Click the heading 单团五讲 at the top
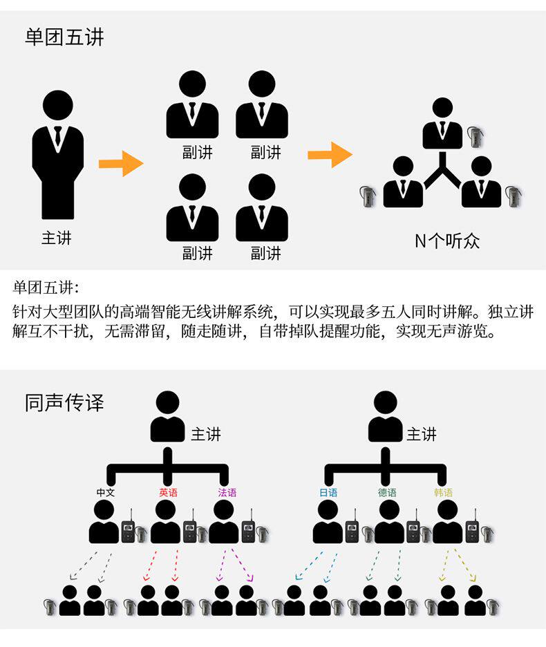[x=64, y=37]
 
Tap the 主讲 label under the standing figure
[x=56, y=238]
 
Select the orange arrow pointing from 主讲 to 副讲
[x=120, y=164]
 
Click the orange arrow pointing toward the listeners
[x=330, y=154]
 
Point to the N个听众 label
[x=446, y=241]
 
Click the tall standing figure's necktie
[x=57, y=136]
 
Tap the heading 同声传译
[x=64, y=403]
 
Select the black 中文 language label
[x=106, y=493]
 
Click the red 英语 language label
[x=168, y=493]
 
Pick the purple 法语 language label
[x=227, y=493]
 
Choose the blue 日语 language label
[x=328, y=493]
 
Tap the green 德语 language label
[x=387, y=493]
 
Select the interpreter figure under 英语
[x=165, y=522]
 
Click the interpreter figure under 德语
[x=388, y=522]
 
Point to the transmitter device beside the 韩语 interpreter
[x=472, y=530]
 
